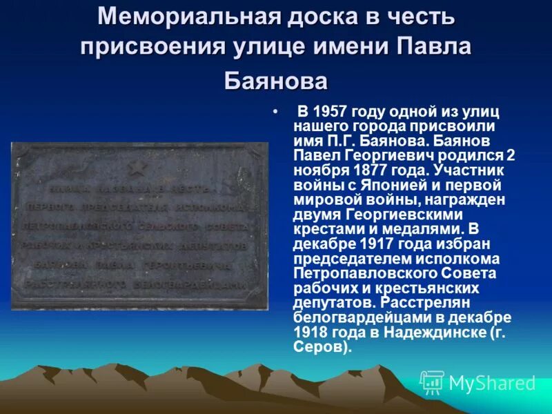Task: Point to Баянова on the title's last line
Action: [276, 81]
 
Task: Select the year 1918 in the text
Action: [308, 333]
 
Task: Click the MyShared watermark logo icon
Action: [432, 382]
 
